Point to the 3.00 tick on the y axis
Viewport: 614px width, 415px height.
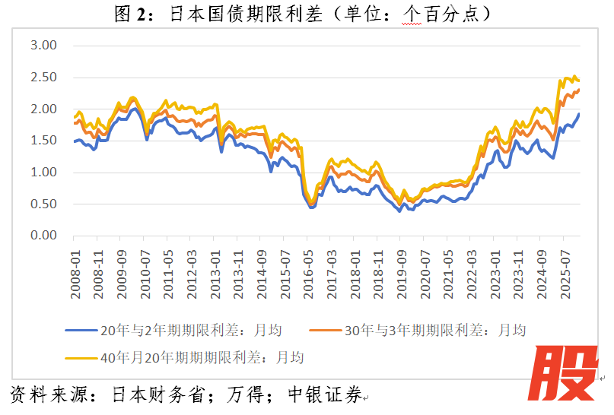[43, 46]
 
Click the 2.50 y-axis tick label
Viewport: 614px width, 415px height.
[43, 78]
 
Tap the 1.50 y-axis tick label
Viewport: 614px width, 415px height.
[43, 141]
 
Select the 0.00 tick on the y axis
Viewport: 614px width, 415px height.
[43, 236]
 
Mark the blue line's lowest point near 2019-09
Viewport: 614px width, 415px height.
[399, 211]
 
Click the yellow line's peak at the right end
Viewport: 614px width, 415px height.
[574, 76]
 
